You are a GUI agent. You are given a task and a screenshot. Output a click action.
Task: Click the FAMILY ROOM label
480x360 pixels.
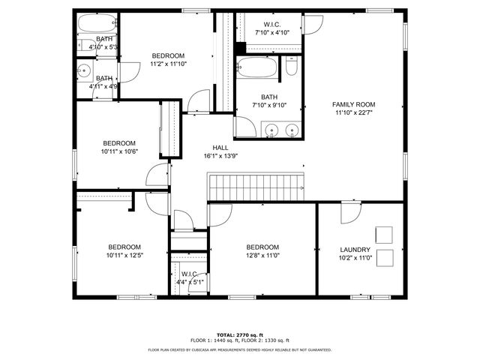point(354,104)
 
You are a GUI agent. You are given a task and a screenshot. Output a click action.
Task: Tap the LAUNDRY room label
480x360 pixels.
point(355,250)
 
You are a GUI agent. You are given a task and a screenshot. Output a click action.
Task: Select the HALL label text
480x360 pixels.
point(220,148)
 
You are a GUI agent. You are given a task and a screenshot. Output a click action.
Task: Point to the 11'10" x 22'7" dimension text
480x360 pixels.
point(354,112)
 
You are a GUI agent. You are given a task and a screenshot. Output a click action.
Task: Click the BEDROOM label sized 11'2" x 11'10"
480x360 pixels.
point(168,55)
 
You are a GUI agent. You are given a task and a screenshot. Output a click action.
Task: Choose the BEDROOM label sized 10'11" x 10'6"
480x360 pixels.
point(119,143)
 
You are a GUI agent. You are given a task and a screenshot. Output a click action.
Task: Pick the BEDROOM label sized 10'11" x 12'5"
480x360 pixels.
point(124,247)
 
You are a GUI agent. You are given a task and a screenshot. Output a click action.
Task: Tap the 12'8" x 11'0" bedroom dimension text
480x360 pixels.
point(262,255)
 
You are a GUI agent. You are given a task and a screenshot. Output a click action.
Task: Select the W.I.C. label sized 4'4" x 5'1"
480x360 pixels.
point(188,274)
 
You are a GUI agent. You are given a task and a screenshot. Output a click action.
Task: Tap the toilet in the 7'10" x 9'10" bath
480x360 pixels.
point(292,68)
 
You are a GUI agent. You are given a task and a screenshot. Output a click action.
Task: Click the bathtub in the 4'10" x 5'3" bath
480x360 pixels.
point(97,23)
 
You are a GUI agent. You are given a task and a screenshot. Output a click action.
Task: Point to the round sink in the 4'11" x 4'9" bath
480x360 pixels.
point(83,73)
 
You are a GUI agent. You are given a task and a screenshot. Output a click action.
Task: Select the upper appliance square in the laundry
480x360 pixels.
point(385,233)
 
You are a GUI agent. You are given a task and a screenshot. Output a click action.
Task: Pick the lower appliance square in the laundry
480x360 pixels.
point(385,258)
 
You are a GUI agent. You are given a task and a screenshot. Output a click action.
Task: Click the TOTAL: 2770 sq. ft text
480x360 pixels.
point(239,334)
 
